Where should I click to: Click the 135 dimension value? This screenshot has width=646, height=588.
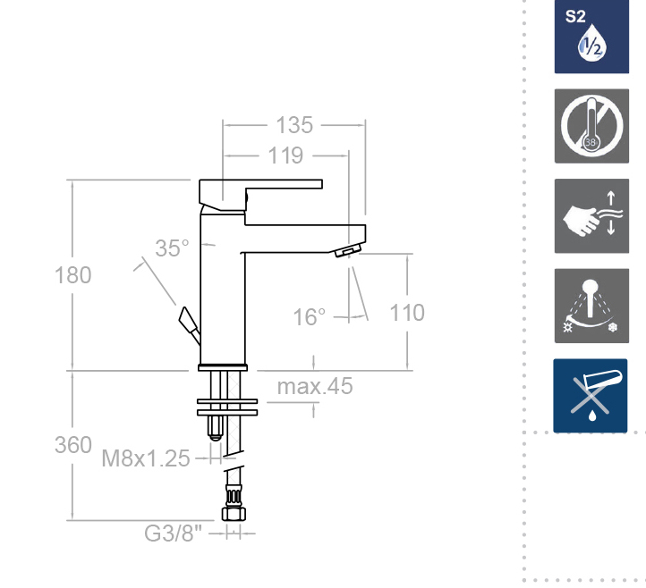point(294,125)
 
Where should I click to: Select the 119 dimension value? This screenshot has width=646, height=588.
point(285,155)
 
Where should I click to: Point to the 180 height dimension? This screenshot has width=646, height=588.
point(73,275)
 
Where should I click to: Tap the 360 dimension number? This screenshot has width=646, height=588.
point(73,445)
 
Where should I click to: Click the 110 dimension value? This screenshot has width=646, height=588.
point(407,313)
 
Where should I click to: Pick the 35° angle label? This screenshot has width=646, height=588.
point(172,248)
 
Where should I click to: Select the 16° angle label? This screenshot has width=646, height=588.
point(309,317)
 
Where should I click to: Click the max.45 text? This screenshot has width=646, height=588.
point(315,386)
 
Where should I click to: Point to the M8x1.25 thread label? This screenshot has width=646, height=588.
point(146,458)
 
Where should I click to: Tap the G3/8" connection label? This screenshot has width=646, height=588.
point(174,533)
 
